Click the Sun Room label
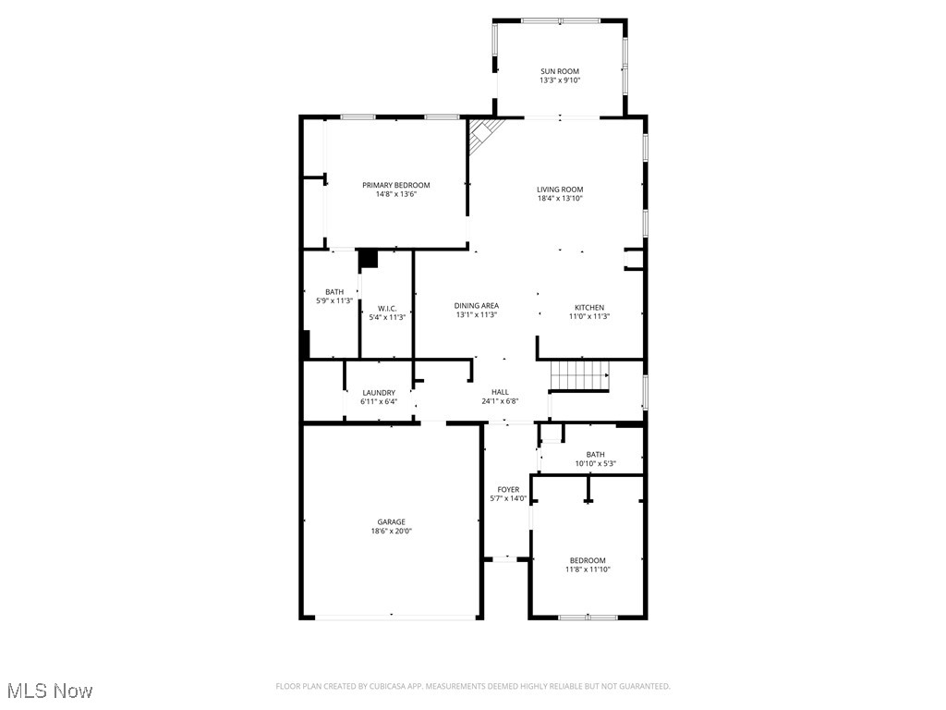coord(560,70)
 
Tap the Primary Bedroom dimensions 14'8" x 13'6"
coord(395,195)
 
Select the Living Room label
coord(560,190)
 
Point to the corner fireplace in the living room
coord(482,136)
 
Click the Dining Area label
coord(477,306)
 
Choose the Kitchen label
coord(589,307)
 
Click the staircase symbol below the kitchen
coord(580,376)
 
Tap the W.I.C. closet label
coord(387,308)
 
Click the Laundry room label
coord(379,392)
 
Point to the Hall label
coord(500,392)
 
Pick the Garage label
coord(391,521)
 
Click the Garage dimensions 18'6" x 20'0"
coord(391,532)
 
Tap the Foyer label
coord(508,489)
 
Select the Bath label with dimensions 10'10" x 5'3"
coord(595,454)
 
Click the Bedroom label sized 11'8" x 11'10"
coord(588,560)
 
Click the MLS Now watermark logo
coord(50,691)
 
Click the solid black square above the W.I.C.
coord(369,259)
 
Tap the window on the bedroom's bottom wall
coord(588,617)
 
